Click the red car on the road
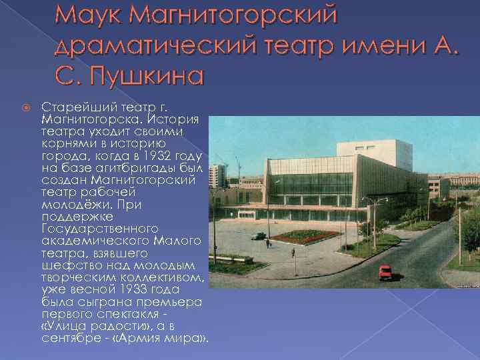click(x=385, y=272)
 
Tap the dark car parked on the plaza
click(x=258, y=235)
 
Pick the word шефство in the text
click(x=65, y=267)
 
